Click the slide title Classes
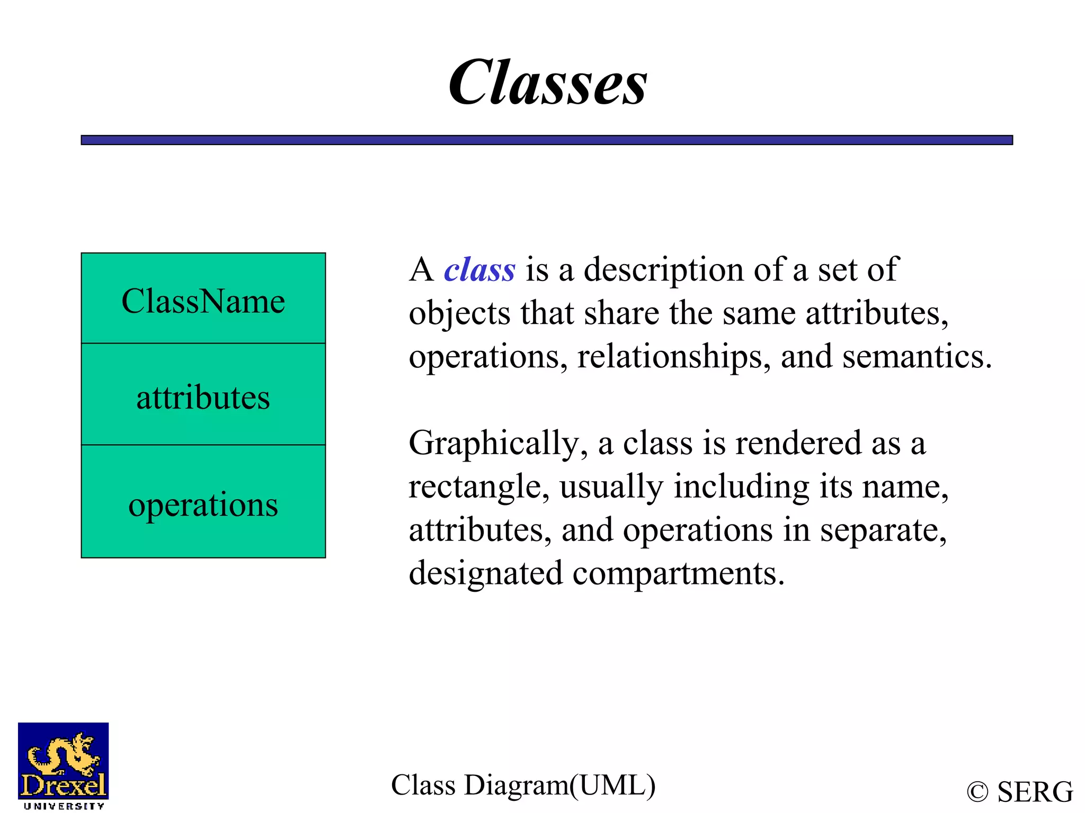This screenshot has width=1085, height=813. click(547, 83)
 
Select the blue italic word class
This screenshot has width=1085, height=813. click(479, 269)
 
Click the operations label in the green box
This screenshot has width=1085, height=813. click(203, 504)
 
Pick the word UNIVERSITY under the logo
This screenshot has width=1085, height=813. click(64, 806)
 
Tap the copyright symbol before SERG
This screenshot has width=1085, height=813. click(977, 792)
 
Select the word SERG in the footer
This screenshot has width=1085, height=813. click(1035, 792)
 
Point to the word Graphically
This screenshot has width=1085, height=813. click(498, 443)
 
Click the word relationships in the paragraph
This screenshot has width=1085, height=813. click(673, 356)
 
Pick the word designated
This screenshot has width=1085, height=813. click(486, 573)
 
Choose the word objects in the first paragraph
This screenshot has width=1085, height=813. click(459, 313)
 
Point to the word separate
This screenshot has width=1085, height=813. click(883, 530)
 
